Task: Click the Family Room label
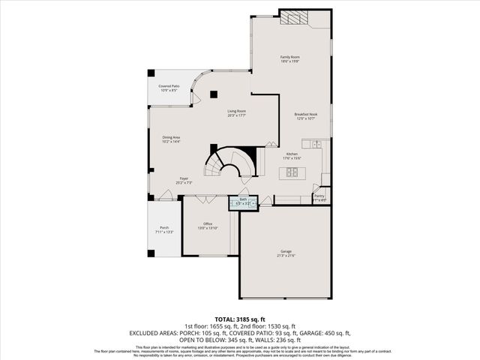pyautogui.click(x=290, y=57)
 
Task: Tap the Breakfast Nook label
pyautogui.click(x=304, y=114)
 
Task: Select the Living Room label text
pyautogui.click(x=237, y=112)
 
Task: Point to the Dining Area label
pyautogui.click(x=171, y=137)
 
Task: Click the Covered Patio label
pyautogui.click(x=169, y=87)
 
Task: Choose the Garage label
pyautogui.click(x=286, y=251)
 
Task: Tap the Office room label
pyautogui.click(x=207, y=223)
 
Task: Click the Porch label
pyautogui.click(x=163, y=228)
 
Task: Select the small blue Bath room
pyautogui.click(x=244, y=202)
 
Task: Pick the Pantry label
pyautogui.click(x=319, y=196)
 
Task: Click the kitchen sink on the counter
pyautogui.click(x=317, y=143)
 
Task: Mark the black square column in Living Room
pyautogui.click(x=214, y=94)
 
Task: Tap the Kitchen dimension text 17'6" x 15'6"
pyautogui.click(x=292, y=158)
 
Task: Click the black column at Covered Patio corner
pyautogui.click(x=151, y=73)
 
